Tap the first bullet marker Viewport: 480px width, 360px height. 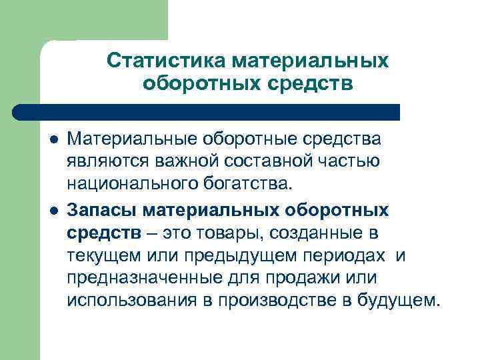pos(53,141)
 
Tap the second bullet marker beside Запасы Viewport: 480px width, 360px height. pos(53,211)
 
